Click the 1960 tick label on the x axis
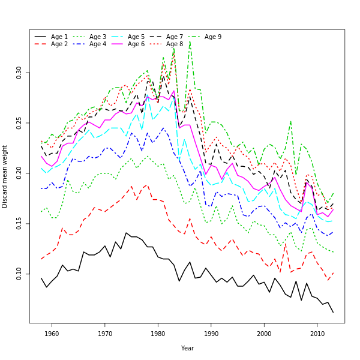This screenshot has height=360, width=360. click(x=52, y=334)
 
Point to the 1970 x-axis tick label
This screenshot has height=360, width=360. click(x=105, y=334)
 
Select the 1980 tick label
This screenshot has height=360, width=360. click(x=158, y=334)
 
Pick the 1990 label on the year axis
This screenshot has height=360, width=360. click(x=211, y=334)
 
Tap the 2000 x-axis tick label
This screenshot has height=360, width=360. click(x=264, y=334)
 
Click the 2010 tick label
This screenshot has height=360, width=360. click(x=317, y=334)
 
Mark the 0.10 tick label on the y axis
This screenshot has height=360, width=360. click(x=19, y=273)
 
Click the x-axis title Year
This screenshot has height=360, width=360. click(x=187, y=348)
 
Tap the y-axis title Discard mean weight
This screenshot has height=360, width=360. click(x=5, y=176)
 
